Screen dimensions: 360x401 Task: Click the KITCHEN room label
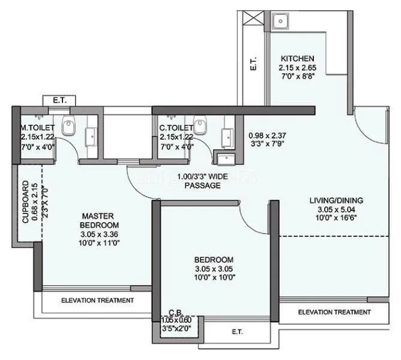(x=297, y=58)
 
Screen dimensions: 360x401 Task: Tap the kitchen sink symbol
(x=280, y=22)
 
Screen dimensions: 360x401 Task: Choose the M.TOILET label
(x=38, y=128)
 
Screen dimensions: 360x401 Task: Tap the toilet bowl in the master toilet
(x=70, y=127)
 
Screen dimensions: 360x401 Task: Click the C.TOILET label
(x=176, y=128)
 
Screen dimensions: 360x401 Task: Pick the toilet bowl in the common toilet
(x=201, y=126)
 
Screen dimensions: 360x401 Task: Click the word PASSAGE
(x=202, y=186)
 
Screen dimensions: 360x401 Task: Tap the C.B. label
(x=175, y=312)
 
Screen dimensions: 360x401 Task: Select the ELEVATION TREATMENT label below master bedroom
(x=97, y=300)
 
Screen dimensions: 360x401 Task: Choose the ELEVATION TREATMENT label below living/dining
(x=334, y=312)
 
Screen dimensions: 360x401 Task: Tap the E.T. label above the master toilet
(x=59, y=100)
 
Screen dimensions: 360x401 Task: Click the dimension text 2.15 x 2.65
(x=297, y=68)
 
